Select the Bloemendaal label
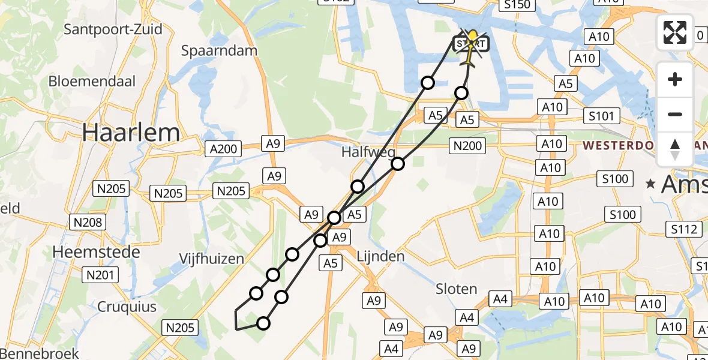click(x=92, y=81)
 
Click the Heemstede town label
click(x=96, y=252)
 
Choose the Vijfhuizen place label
click(x=211, y=259)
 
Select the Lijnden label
click(x=380, y=256)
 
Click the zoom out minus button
click(x=675, y=114)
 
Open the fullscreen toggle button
click(x=675, y=32)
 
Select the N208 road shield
click(x=88, y=223)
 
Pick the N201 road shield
click(x=101, y=275)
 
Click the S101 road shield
click(x=601, y=115)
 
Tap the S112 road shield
click(x=684, y=229)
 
